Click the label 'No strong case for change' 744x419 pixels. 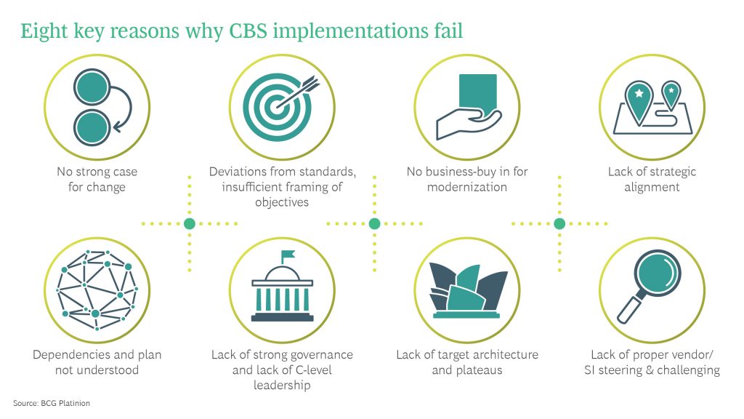(x=97, y=180)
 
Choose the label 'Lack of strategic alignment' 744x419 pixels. (x=652, y=180)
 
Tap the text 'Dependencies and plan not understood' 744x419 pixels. (x=97, y=362)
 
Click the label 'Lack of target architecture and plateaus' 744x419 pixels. (x=467, y=362)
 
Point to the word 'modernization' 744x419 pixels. (x=467, y=187)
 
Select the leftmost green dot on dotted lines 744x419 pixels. (x=190, y=224)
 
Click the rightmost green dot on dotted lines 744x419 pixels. (x=559, y=224)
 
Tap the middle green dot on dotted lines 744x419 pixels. (x=375, y=224)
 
